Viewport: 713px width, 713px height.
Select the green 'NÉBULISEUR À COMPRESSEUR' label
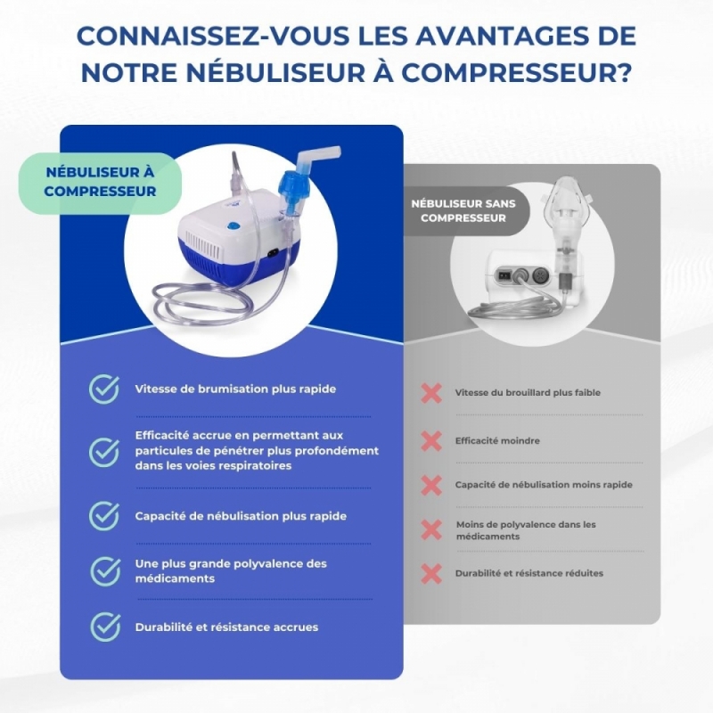(x=100, y=182)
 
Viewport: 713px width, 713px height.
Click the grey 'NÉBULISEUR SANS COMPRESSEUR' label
(x=463, y=210)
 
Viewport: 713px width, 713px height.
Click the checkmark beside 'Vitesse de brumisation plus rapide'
(x=104, y=389)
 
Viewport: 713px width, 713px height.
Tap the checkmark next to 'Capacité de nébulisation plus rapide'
(x=104, y=516)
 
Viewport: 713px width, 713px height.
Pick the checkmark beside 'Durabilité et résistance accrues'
(x=105, y=627)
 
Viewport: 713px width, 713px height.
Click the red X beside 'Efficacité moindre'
(x=431, y=440)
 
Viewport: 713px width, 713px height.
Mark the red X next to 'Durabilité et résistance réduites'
(x=431, y=573)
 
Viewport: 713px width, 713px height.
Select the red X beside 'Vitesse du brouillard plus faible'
(x=431, y=393)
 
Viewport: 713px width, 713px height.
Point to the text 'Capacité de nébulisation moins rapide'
(x=544, y=485)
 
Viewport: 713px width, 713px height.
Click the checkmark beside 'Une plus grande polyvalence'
(x=105, y=571)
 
